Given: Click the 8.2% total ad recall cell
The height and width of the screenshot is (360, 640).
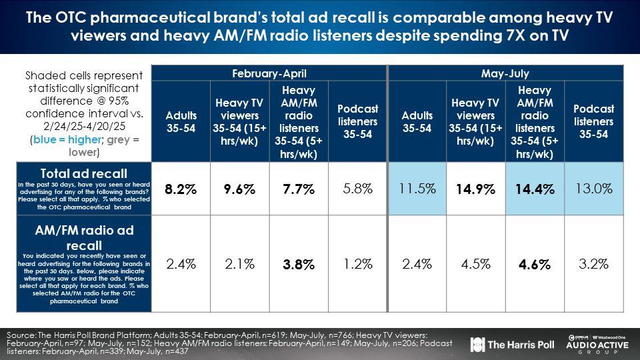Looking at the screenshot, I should click(x=181, y=190).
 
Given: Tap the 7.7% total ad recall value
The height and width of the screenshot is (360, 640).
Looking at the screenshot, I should click(x=299, y=190).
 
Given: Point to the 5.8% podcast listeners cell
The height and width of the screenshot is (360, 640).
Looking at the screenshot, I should click(x=357, y=189).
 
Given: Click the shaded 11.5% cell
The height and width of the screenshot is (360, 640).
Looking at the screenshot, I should click(x=417, y=189).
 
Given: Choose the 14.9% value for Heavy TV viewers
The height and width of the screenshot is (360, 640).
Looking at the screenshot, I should click(x=476, y=190).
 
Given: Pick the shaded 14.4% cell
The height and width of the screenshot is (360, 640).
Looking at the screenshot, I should click(x=535, y=190).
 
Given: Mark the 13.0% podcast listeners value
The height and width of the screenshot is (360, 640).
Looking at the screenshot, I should click(x=593, y=189).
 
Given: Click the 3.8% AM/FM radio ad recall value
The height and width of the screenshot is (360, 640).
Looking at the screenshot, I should click(x=299, y=265).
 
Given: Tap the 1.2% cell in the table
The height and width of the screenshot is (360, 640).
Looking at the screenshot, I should click(x=357, y=264).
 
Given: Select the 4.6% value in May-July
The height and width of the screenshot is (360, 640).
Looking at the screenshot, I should click(x=535, y=265).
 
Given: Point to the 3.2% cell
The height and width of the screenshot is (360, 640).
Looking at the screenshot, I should click(x=593, y=264).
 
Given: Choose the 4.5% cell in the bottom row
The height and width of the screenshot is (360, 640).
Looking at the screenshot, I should click(x=476, y=264).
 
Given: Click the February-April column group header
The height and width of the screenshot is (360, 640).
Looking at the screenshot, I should click(x=270, y=73).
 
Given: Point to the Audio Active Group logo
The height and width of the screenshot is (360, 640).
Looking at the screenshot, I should click(x=597, y=345).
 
